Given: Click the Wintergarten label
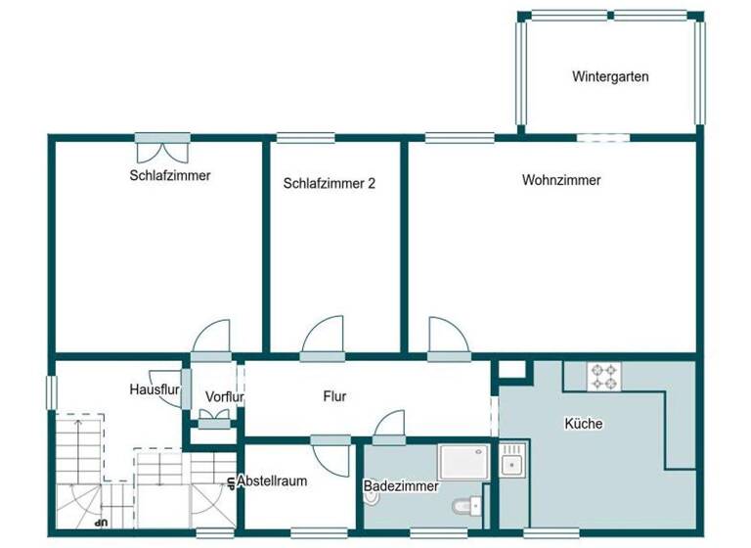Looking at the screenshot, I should coord(610,76).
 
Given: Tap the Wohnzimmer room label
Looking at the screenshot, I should coord(561,180).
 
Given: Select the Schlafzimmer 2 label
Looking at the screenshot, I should coord(330,183).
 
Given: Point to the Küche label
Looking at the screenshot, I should coord(583,424).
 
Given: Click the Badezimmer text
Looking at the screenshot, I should coord(401,485).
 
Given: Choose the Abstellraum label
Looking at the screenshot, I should coord(272,481).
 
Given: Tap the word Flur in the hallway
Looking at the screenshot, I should coord(334,396).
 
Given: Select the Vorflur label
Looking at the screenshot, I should coord(224,396).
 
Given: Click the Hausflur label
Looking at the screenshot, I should coord(154,388).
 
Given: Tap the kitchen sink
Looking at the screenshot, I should coord(512,459).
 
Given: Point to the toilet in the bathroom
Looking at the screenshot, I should coord(466,507).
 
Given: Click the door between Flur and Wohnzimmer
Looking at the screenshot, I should coord(446,337).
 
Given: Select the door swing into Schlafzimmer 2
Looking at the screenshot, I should coord(324,339).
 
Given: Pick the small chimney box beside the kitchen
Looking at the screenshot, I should coord(513,370).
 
